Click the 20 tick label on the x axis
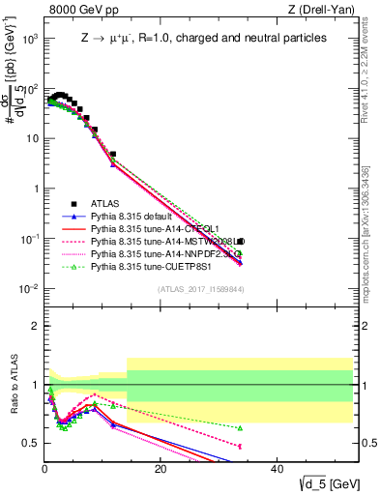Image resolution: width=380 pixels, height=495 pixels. click(161, 469)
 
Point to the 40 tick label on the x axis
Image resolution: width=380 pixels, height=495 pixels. click(277, 469)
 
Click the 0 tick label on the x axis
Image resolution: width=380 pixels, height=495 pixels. click(45, 469)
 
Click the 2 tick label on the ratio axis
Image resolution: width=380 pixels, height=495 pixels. click(35, 328)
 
